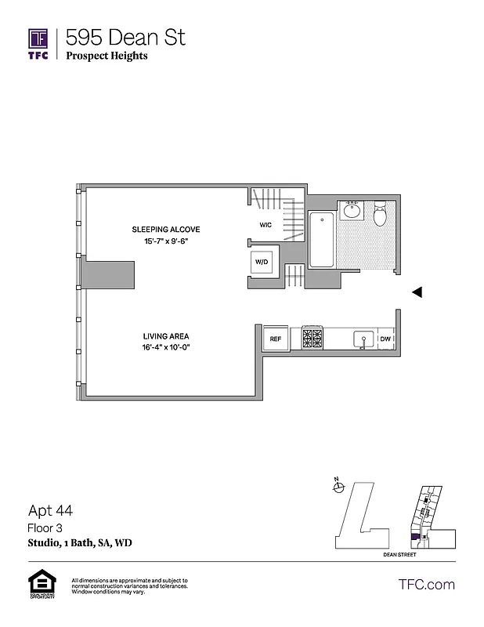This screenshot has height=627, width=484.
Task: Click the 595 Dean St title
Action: point(125,37)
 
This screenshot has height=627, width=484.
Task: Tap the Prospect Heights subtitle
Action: point(107,56)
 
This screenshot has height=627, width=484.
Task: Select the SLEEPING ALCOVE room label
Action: point(166,230)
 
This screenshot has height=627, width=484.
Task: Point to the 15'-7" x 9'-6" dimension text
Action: point(166,242)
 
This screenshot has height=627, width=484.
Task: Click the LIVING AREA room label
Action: point(166,335)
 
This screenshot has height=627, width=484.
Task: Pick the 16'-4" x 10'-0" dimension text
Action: point(166,347)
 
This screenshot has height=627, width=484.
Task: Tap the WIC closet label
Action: point(265,225)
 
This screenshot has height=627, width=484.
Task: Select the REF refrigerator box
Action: point(276,339)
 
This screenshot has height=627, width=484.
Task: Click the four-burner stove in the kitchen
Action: point(312,339)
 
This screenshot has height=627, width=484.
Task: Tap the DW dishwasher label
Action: point(385,339)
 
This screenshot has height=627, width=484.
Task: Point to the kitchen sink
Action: point(362,339)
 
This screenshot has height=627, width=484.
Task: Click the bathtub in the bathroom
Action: point(322,239)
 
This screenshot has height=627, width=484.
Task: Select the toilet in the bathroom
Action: point(381,214)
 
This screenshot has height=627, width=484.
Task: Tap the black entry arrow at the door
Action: point(417,292)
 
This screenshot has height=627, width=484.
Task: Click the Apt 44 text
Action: point(50,511)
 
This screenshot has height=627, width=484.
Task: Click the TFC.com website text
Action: point(427,584)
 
